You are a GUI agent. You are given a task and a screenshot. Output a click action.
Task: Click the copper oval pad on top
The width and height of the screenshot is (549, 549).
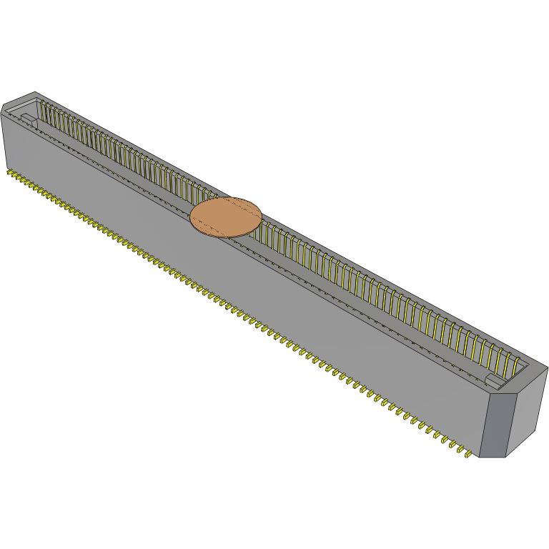226,216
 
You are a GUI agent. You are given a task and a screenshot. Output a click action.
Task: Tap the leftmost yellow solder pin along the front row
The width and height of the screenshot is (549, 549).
10,172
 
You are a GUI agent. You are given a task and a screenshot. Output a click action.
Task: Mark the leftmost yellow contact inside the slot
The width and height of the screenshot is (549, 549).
42,110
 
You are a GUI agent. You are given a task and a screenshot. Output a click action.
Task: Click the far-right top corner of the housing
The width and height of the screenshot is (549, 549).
548,367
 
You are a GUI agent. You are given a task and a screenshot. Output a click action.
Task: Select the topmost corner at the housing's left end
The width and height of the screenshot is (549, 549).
34,92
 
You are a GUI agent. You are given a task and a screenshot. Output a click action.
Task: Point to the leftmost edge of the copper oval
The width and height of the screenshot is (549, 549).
190,217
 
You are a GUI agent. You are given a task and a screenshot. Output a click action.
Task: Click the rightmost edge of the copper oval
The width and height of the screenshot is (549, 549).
262,213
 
